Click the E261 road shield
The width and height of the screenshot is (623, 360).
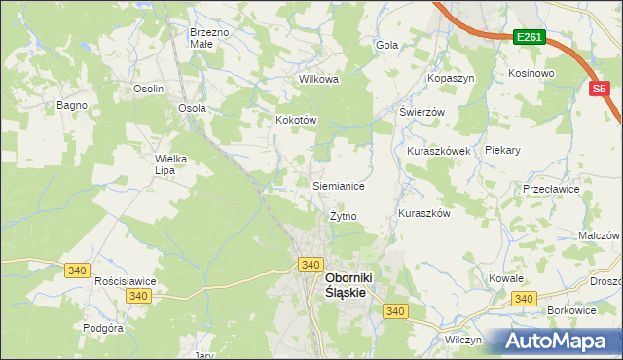pos(530,37)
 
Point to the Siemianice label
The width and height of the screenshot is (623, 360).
pos(338,185)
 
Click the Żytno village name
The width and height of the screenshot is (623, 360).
pos(344,216)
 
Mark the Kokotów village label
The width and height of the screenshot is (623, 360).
pos(297,120)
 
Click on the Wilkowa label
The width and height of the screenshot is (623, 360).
pos(318,80)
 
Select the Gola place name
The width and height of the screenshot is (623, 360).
pos(387,45)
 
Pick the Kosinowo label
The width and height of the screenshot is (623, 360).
pos(531,73)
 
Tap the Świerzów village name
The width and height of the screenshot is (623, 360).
pos(421,112)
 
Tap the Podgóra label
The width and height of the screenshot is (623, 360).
pos(103,328)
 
